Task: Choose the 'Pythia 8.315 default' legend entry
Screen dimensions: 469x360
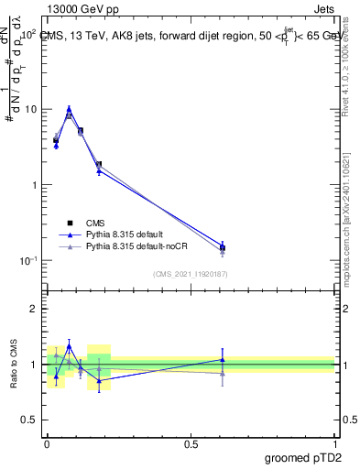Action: coord(129,234)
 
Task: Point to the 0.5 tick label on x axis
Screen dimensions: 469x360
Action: coord(191,443)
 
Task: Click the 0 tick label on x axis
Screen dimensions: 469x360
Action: coord(47,443)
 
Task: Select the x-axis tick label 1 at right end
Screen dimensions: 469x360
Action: coord(334,443)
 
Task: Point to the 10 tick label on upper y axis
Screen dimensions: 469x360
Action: coord(30,109)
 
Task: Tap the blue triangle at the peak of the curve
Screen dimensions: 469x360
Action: coord(69,108)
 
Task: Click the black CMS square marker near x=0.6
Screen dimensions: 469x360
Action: coord(223,247)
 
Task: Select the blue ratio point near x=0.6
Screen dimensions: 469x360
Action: coord(223,360)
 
